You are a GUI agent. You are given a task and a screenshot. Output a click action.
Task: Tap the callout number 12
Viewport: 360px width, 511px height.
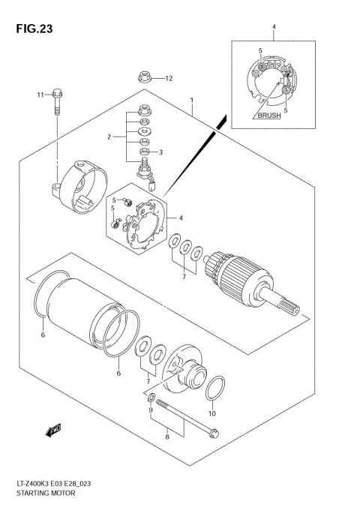pos(169,78)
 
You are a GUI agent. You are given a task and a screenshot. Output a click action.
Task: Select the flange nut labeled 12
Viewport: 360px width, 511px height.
pos(142,77)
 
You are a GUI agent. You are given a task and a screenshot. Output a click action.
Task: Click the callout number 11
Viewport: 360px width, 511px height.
pos(40,95)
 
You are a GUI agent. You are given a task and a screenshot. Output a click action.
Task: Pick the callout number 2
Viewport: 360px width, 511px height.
pos(109,137)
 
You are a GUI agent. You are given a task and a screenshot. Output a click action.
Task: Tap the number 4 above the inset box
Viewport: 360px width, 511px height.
pos(274,29)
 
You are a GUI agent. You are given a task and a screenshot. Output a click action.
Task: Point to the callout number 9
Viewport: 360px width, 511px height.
pos(151,410)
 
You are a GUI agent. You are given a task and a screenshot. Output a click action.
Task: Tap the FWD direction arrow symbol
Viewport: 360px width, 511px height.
pos(53,430)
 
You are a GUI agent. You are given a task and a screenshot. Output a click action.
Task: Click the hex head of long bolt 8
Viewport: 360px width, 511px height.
pos(213,431)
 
